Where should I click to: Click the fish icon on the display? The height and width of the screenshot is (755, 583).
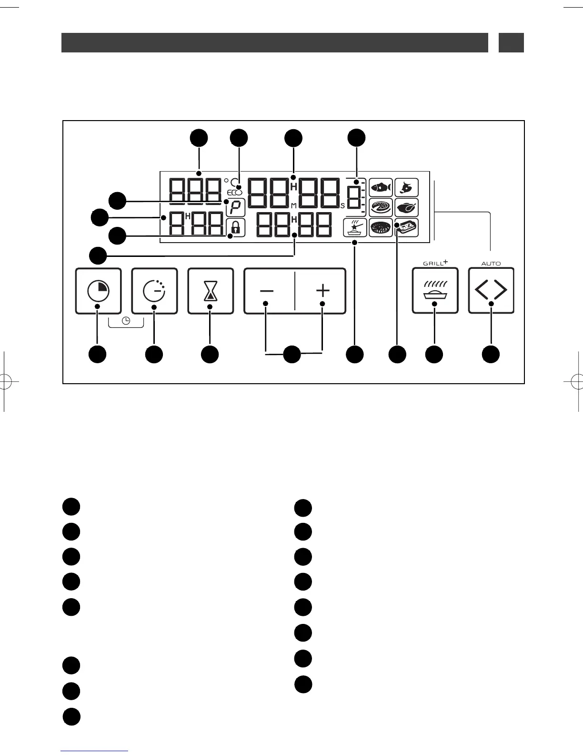(381, 188)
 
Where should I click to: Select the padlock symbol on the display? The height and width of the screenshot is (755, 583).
(236, 228)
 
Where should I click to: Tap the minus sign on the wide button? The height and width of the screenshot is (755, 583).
(267, 291)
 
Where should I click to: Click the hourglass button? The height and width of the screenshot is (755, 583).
(211, 291)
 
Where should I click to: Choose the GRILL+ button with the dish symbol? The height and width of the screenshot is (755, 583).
(435, 291)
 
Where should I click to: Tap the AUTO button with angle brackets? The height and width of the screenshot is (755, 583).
(491, 291)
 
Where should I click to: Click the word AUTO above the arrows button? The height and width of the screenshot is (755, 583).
(491, 264)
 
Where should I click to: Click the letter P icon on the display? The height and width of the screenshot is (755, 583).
(236, 208)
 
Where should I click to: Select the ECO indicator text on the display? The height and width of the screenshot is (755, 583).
(234, 193)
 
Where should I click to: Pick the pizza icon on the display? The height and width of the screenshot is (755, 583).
(381, 208)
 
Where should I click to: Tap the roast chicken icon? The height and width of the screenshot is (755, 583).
(407, 208)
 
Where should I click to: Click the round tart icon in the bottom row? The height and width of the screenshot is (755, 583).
(381, 228)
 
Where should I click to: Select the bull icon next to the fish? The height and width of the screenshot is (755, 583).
(407, 188)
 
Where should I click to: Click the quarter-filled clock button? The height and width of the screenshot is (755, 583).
(98, 291)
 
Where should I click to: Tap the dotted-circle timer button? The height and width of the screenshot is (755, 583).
(154, 291)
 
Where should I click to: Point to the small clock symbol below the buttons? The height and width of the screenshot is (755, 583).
(126, 321)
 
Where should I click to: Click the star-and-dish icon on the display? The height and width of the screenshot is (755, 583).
(355, 228)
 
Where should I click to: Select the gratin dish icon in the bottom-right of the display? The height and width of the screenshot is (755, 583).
(407, 228)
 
